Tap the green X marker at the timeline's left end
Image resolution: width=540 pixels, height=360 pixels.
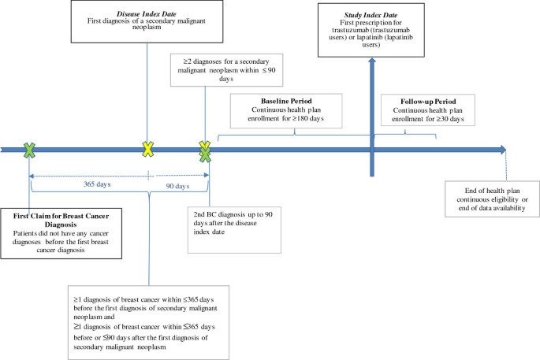29,149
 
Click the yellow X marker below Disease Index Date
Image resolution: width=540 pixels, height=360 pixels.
147,149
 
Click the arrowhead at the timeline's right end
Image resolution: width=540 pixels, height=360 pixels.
501,149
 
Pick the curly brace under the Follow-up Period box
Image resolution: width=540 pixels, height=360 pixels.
406,135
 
